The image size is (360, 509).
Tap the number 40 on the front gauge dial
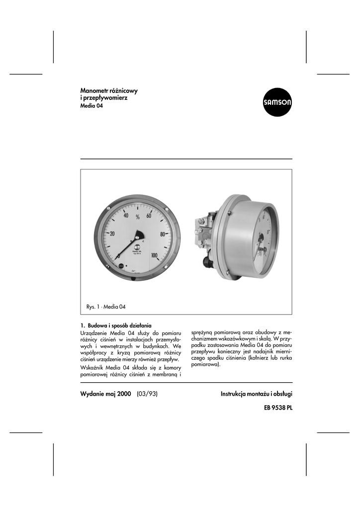coord(126,216)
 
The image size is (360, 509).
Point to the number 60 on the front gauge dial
coord(149,216)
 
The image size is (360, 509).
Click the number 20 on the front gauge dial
coord(112,234)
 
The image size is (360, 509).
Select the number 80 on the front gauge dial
coord(162,234)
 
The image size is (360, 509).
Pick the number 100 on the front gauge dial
coord(155,256)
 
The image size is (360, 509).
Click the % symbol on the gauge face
coord(137,217)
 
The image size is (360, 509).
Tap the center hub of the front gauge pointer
coord(138,238)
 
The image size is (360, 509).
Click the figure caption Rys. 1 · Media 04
coord(105,307)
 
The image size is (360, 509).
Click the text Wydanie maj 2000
coord(105,394)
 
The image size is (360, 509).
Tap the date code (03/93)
coord(148,394)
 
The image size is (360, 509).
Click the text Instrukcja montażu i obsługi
coord(257,394)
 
